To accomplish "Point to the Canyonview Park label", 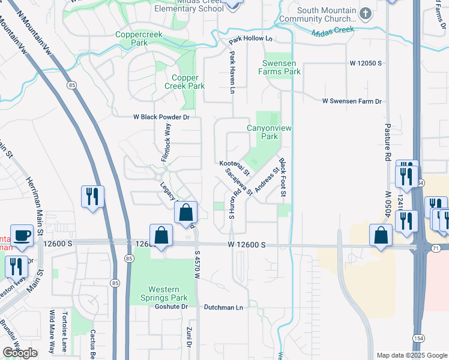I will (x=262, y=132).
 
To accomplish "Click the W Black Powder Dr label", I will (x=161, y=118).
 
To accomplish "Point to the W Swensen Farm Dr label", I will (x=351, y=102).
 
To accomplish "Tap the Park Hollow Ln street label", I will (x=250, y=41).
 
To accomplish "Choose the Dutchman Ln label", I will (x=223, y=308).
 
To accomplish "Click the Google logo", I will (x=20, y=353).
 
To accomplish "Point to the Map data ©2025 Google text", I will (x=411, y=355).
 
